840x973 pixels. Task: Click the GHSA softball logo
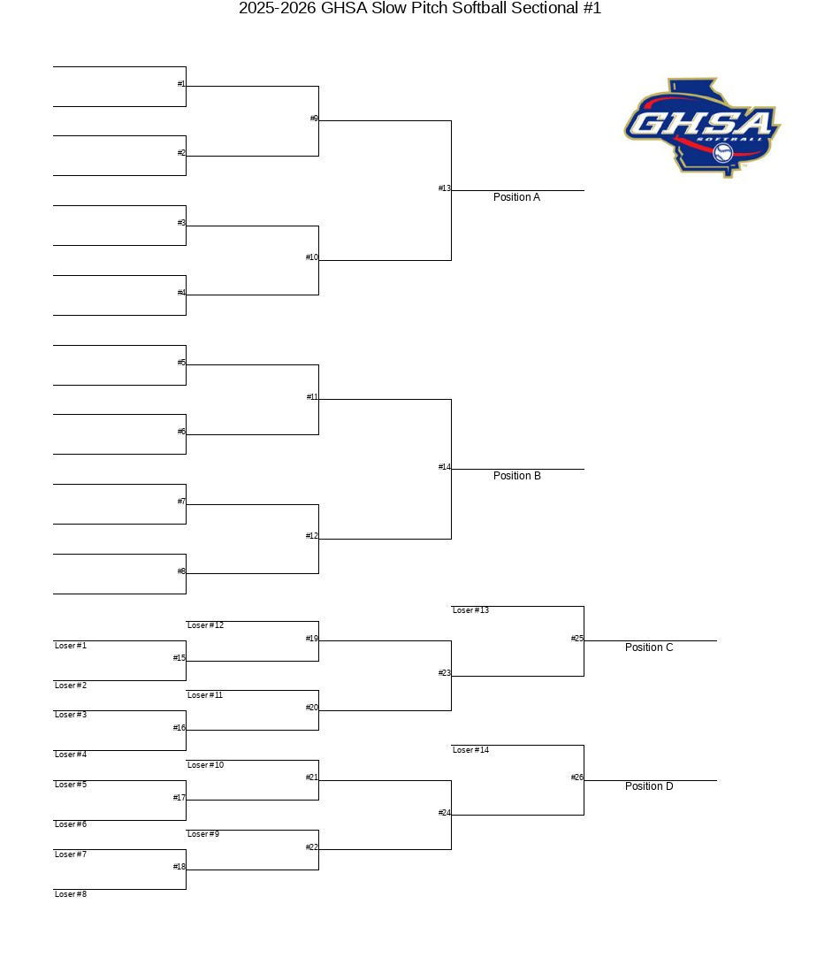click(x=702, y=127)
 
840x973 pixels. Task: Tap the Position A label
click(x=516, y=197)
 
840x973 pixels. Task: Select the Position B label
click(x=516, y=476)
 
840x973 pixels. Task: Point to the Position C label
click(x=649, y=647)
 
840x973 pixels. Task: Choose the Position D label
click(x=649, y=786)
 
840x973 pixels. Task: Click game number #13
click(x=444, y=188)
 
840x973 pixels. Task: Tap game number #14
click(x=444, y=467)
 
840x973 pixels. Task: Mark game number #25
click(x=577, y=638)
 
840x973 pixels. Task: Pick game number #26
click(x=577, y=777)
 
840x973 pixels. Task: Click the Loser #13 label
click(x=471, y=610)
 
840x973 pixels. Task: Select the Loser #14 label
click(x=471, y=750)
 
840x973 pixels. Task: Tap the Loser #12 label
click(x=205, y=625)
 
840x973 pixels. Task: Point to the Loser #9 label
click(x=203, y=834)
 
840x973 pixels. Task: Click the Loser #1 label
click(x=71, y=646)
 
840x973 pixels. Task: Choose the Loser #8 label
click(x=71, y=894)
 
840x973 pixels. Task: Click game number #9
click(x=314, y=119)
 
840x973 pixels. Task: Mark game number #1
click(x=181, y=84)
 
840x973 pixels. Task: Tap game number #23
click(x=444, y=672)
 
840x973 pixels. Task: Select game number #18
click(x=179, y=867)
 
